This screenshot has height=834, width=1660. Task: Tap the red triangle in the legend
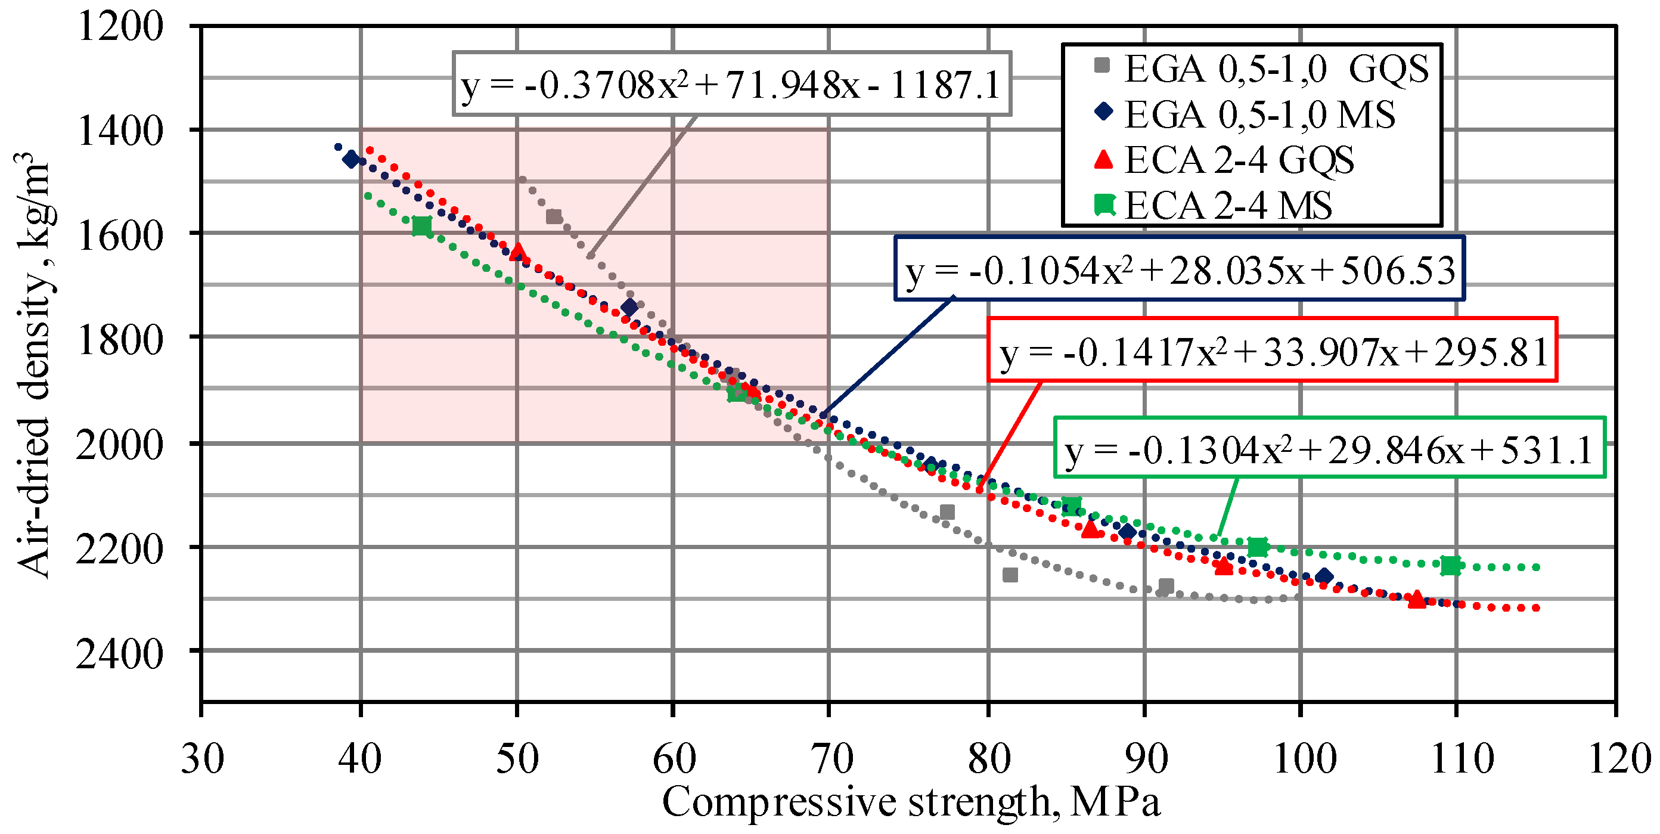[1104, 159]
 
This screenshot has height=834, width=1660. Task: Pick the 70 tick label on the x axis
[831, 759]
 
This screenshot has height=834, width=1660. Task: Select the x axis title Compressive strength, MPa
[911, 803]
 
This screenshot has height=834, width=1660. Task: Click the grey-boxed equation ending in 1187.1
[731, 85]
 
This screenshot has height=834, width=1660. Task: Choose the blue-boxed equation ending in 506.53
[1179, 270]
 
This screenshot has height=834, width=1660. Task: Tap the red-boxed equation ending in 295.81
[1273, 351]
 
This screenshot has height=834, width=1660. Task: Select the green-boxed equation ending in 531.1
[1329, 449]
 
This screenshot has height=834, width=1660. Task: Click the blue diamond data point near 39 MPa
[351, 159]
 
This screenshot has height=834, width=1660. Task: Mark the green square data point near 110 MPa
[1451, 565]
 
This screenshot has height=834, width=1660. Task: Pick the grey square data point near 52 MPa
[554, 216]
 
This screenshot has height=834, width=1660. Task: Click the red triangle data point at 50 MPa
[517, 252]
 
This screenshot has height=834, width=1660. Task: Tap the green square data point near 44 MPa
[421, 225]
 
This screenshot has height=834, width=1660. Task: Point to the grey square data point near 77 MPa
[947, 511]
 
